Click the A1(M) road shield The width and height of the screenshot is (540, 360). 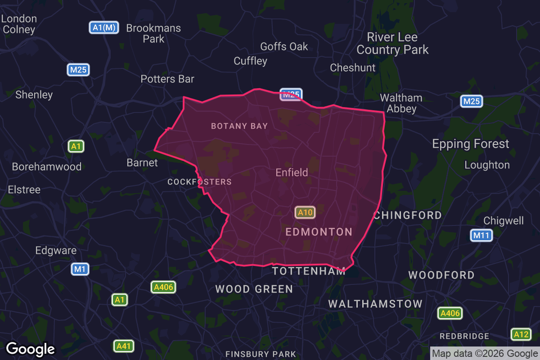(104, 27)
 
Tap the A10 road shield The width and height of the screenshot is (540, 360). (305, 212)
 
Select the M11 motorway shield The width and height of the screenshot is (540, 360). (481, 235)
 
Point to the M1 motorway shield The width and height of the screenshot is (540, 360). (80, 269)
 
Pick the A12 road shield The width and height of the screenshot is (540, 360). (521, 334)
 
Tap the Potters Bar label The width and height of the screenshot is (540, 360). (167, 79)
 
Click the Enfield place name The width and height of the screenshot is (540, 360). (292, 172)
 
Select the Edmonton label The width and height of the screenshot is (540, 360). (319, 232)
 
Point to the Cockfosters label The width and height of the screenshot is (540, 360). (199, 182)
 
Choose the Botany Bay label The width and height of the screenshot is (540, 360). (239, 126)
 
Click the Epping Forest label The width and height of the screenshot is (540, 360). (471, 144)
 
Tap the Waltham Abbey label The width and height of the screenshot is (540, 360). (401, 103)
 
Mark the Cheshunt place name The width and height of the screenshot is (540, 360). (353, 68)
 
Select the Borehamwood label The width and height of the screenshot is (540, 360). (47, 166)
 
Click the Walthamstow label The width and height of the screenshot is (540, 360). (375, 304)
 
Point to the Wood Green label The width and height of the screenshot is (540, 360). (254, 289)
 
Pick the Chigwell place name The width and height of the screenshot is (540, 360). (504, 220)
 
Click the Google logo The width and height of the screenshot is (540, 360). (31, 349)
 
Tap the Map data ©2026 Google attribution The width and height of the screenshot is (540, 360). (485, 353)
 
